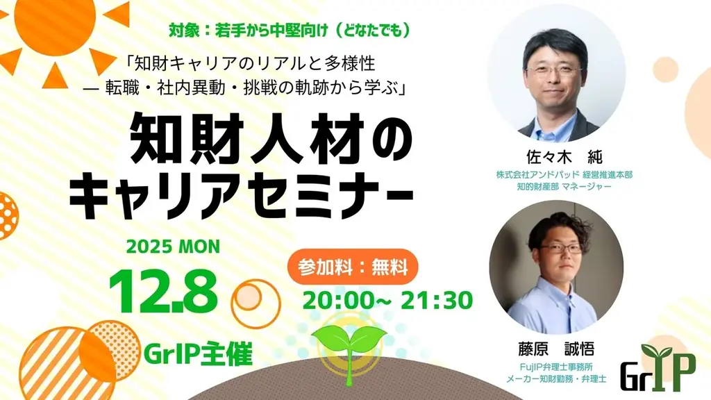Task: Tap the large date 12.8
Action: tap(162, 291)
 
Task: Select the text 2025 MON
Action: tap(173, 247)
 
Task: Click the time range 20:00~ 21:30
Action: tap(387, 300)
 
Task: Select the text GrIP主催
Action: tap(196, 353)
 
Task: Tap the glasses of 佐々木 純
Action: tap(554, 70)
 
